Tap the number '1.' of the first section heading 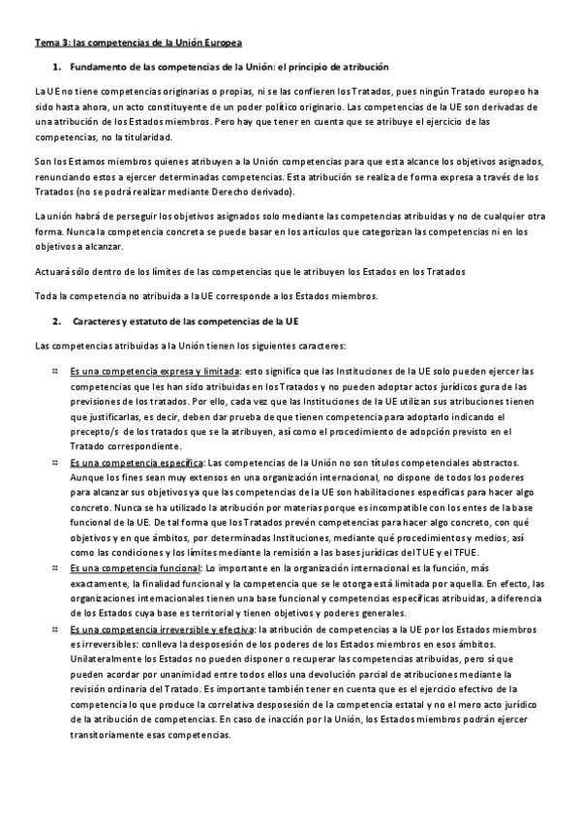tap(57, 68)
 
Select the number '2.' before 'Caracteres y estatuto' tap(57, 320)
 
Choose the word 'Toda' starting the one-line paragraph tap(46, 294)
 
